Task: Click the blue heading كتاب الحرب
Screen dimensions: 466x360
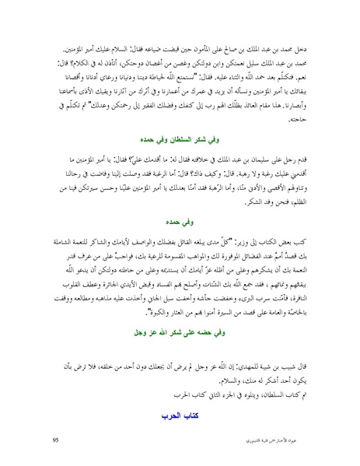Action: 180,405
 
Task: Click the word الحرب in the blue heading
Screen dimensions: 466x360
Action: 169,405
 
